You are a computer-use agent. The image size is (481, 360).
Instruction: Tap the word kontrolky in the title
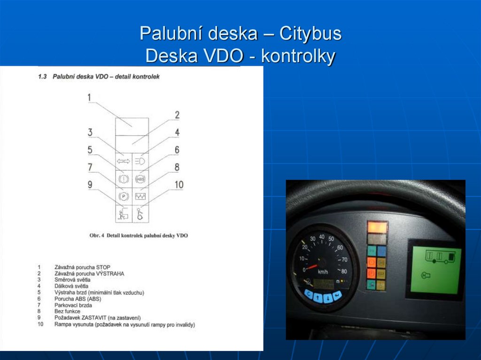click(x=298, y=56)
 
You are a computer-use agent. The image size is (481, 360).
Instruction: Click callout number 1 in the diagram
click(x=89, y=98)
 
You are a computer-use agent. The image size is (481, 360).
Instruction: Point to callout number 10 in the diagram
click(x=178, y=184)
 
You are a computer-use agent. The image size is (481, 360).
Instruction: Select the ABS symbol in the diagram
click(x=140, y=178)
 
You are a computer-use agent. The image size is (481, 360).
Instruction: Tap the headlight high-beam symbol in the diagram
click(x=140, y=161)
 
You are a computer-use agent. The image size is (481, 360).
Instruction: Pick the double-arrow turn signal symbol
click(x=124, y=161)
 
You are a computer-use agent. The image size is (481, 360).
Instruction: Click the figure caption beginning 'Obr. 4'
click(x=139, y=235)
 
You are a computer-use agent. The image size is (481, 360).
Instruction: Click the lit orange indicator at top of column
click(x=377, y=228)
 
